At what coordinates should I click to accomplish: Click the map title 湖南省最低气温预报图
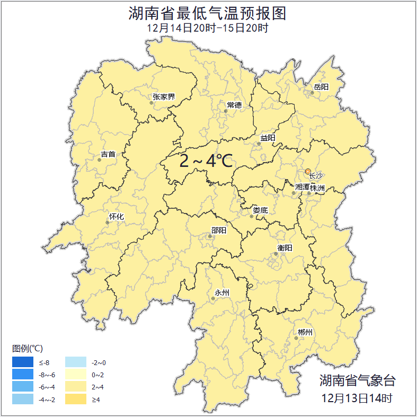click(208, 13)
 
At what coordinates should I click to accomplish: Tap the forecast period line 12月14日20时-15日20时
click(208, 28)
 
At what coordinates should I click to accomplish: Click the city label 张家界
click(164, 97)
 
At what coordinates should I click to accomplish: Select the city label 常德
click(234, 105)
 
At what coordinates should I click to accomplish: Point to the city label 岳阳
click(321, 87)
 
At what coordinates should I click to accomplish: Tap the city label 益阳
click(268, 138)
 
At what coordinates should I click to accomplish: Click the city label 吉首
click(108, 154)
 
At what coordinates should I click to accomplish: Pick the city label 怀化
click(116, 216)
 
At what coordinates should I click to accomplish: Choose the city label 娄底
click(260, 210)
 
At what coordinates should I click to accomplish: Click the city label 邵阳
click(218, 230)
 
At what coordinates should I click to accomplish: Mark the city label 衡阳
click(285, 247)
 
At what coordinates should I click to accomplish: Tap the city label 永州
click(222, 292)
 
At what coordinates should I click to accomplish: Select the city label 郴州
click(305, 332)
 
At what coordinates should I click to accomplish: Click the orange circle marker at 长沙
click(308, 171)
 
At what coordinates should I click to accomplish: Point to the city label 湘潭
click(302, 187)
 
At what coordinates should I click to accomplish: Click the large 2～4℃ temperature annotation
click(206, 161)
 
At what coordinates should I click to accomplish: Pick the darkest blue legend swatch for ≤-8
click(23, 362)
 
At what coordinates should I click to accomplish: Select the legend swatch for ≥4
click(75, 399)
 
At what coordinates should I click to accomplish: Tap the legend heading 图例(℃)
click(28, 348)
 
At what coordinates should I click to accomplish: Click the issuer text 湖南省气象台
click(357, 380)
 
